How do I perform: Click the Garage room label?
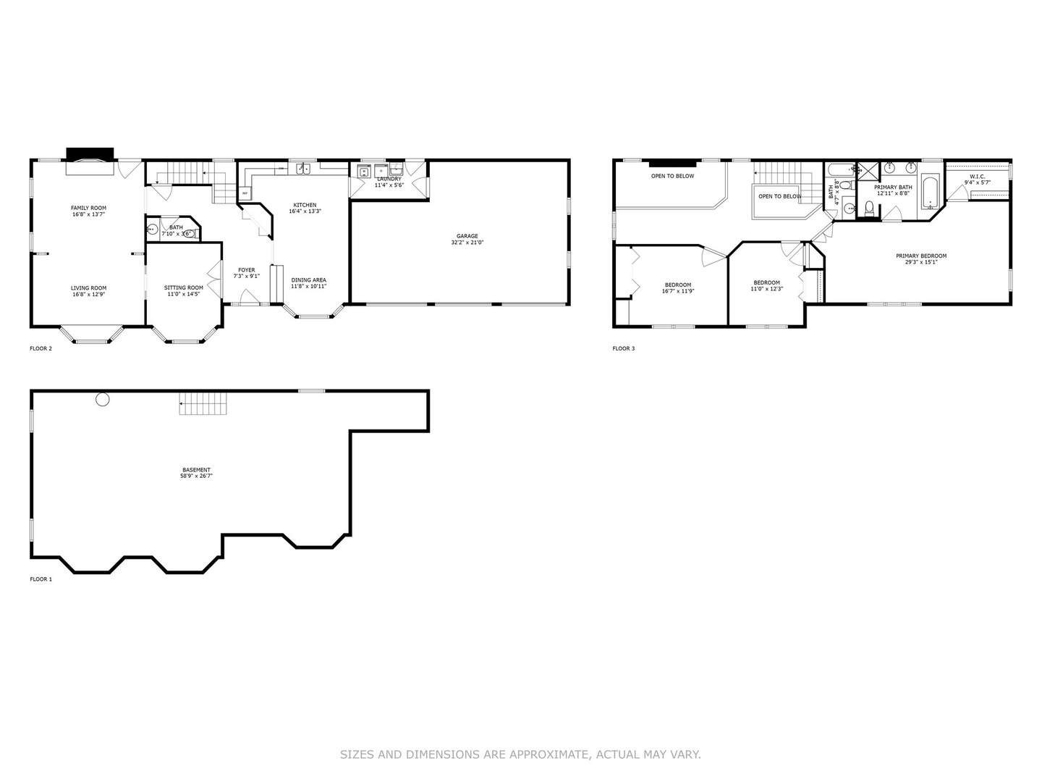point(467,236)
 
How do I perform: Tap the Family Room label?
point(88,208)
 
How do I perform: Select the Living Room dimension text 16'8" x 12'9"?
point(88,295)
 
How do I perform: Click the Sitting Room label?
point(184,287)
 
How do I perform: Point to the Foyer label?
point(246,270)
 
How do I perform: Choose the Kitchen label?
point(305,205)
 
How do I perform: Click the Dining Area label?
point(308,280)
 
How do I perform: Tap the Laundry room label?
point(389,179)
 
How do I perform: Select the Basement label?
point(196,470)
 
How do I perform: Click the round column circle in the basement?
point(103,399)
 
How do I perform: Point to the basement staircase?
point(203,404)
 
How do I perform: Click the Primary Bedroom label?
point(920,256)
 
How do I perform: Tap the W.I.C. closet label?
point(977,176)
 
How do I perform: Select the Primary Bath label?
point(892,188)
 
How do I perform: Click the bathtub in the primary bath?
point(930,192)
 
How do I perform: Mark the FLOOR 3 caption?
point(623,348)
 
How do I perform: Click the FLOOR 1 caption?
point(41,579)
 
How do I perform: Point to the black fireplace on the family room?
point(90,154)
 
